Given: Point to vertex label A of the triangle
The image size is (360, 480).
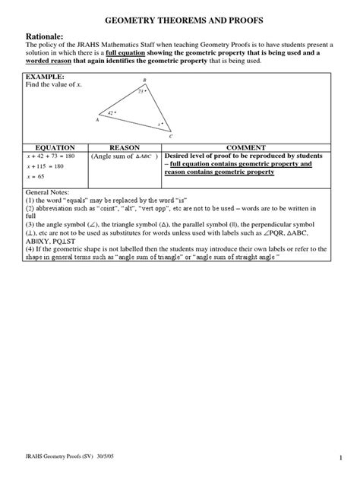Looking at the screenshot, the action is (97, 120).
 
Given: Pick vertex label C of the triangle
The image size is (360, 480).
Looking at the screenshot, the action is (171, 137).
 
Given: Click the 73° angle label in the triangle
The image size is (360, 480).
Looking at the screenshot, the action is (141, 91).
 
